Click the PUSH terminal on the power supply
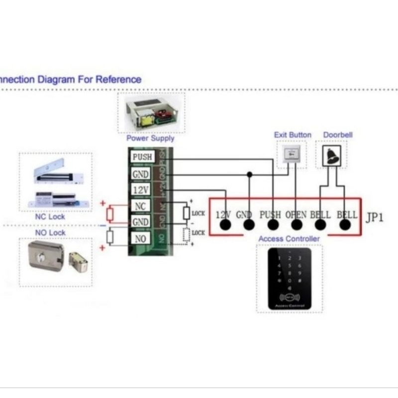[x=141, y=157]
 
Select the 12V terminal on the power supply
[x=141, y=190]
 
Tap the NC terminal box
[x=141, y=205]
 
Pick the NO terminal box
[x=141, y=238]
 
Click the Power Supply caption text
[x=150, y=138]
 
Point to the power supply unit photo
[x=151, y=112]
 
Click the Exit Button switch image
[x=291, y=154]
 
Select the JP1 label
[x=374, y=218]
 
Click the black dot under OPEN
[x=297, y=225]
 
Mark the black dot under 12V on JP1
[x=225, y=225]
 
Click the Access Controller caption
[x=289, y=239]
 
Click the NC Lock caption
[x=50, y=217]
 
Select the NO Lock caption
[x=50, y=232]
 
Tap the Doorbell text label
[x=338, y=135]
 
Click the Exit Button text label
[x=293, y=135]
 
